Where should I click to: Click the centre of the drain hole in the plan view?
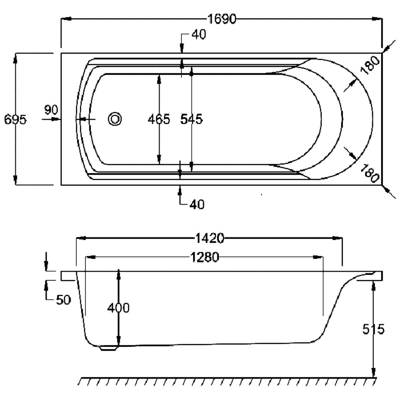[115, 119]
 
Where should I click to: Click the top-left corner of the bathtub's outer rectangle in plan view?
[61, 53]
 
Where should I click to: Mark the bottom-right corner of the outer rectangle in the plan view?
[382, 185]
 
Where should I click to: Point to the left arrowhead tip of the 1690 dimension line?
[61, 19]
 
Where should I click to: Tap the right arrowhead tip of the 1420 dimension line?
[342, 238]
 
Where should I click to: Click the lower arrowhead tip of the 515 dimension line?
[374, 377]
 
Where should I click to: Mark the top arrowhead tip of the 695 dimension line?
[15, 53]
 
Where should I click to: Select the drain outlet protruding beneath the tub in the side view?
[108, 348]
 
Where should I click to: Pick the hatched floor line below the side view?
[227, 381]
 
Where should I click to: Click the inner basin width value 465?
[159, 119]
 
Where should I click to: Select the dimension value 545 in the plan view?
[192, 119]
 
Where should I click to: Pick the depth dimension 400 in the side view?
[118, 308]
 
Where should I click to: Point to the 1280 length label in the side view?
[205, 257]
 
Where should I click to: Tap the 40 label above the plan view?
[199, 34]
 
